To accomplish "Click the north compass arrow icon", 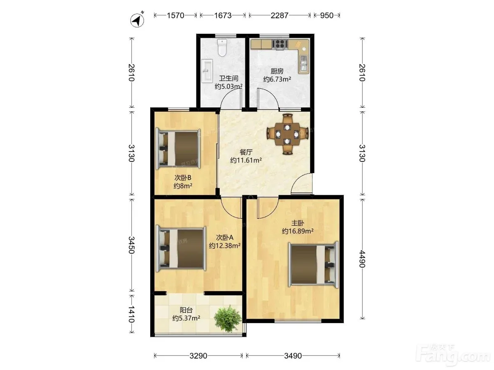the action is point(137,20).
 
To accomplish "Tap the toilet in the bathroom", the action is point(222,48).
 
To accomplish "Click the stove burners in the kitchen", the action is point(280,44).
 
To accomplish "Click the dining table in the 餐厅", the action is point(287,134).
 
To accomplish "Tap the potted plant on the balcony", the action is point(228,318).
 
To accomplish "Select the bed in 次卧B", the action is point(178,149).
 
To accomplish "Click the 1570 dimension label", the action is point(175,16).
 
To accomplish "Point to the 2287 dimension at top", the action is point(280,16).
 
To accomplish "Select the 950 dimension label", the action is point(327,16).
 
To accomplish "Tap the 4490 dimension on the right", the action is point(362,259).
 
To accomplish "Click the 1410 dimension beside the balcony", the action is point(131,314).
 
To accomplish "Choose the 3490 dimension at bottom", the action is point(293,356).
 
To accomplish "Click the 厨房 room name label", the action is point(277,71).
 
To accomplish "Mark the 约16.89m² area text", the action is point(298,231).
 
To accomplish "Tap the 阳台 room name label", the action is point(186,310).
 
